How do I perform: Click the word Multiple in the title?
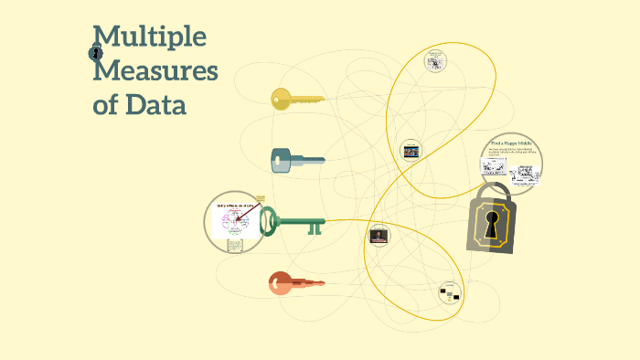pos(150,37)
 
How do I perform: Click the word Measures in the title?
pos(155,70)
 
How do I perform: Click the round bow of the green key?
pos(270,220)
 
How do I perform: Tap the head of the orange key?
pos(280,283)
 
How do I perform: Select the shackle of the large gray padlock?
pos(493,194)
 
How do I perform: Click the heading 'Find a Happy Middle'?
pos(512,144)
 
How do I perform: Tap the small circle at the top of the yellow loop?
pos(436,60)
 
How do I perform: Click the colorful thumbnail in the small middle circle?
pos(411,152)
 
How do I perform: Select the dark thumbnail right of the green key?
pos(379,236)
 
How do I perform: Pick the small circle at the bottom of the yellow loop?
pos(447,292)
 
